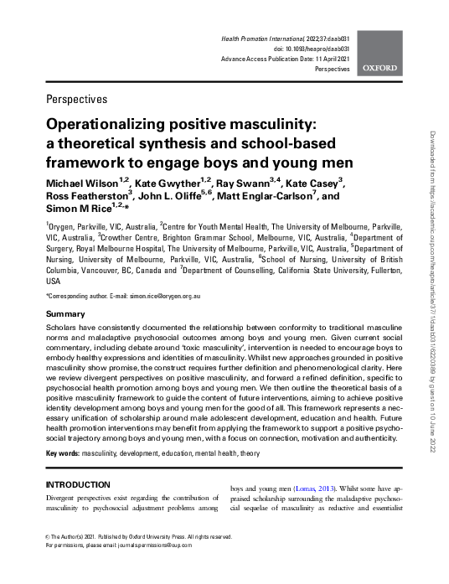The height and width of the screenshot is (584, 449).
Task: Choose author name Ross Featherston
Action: [x=85, y=196]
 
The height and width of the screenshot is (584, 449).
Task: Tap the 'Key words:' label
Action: [x=62, y=452]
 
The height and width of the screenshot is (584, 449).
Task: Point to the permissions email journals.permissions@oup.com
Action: [x=158, y=566]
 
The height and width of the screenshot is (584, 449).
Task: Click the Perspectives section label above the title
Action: [x=77, y=99]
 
